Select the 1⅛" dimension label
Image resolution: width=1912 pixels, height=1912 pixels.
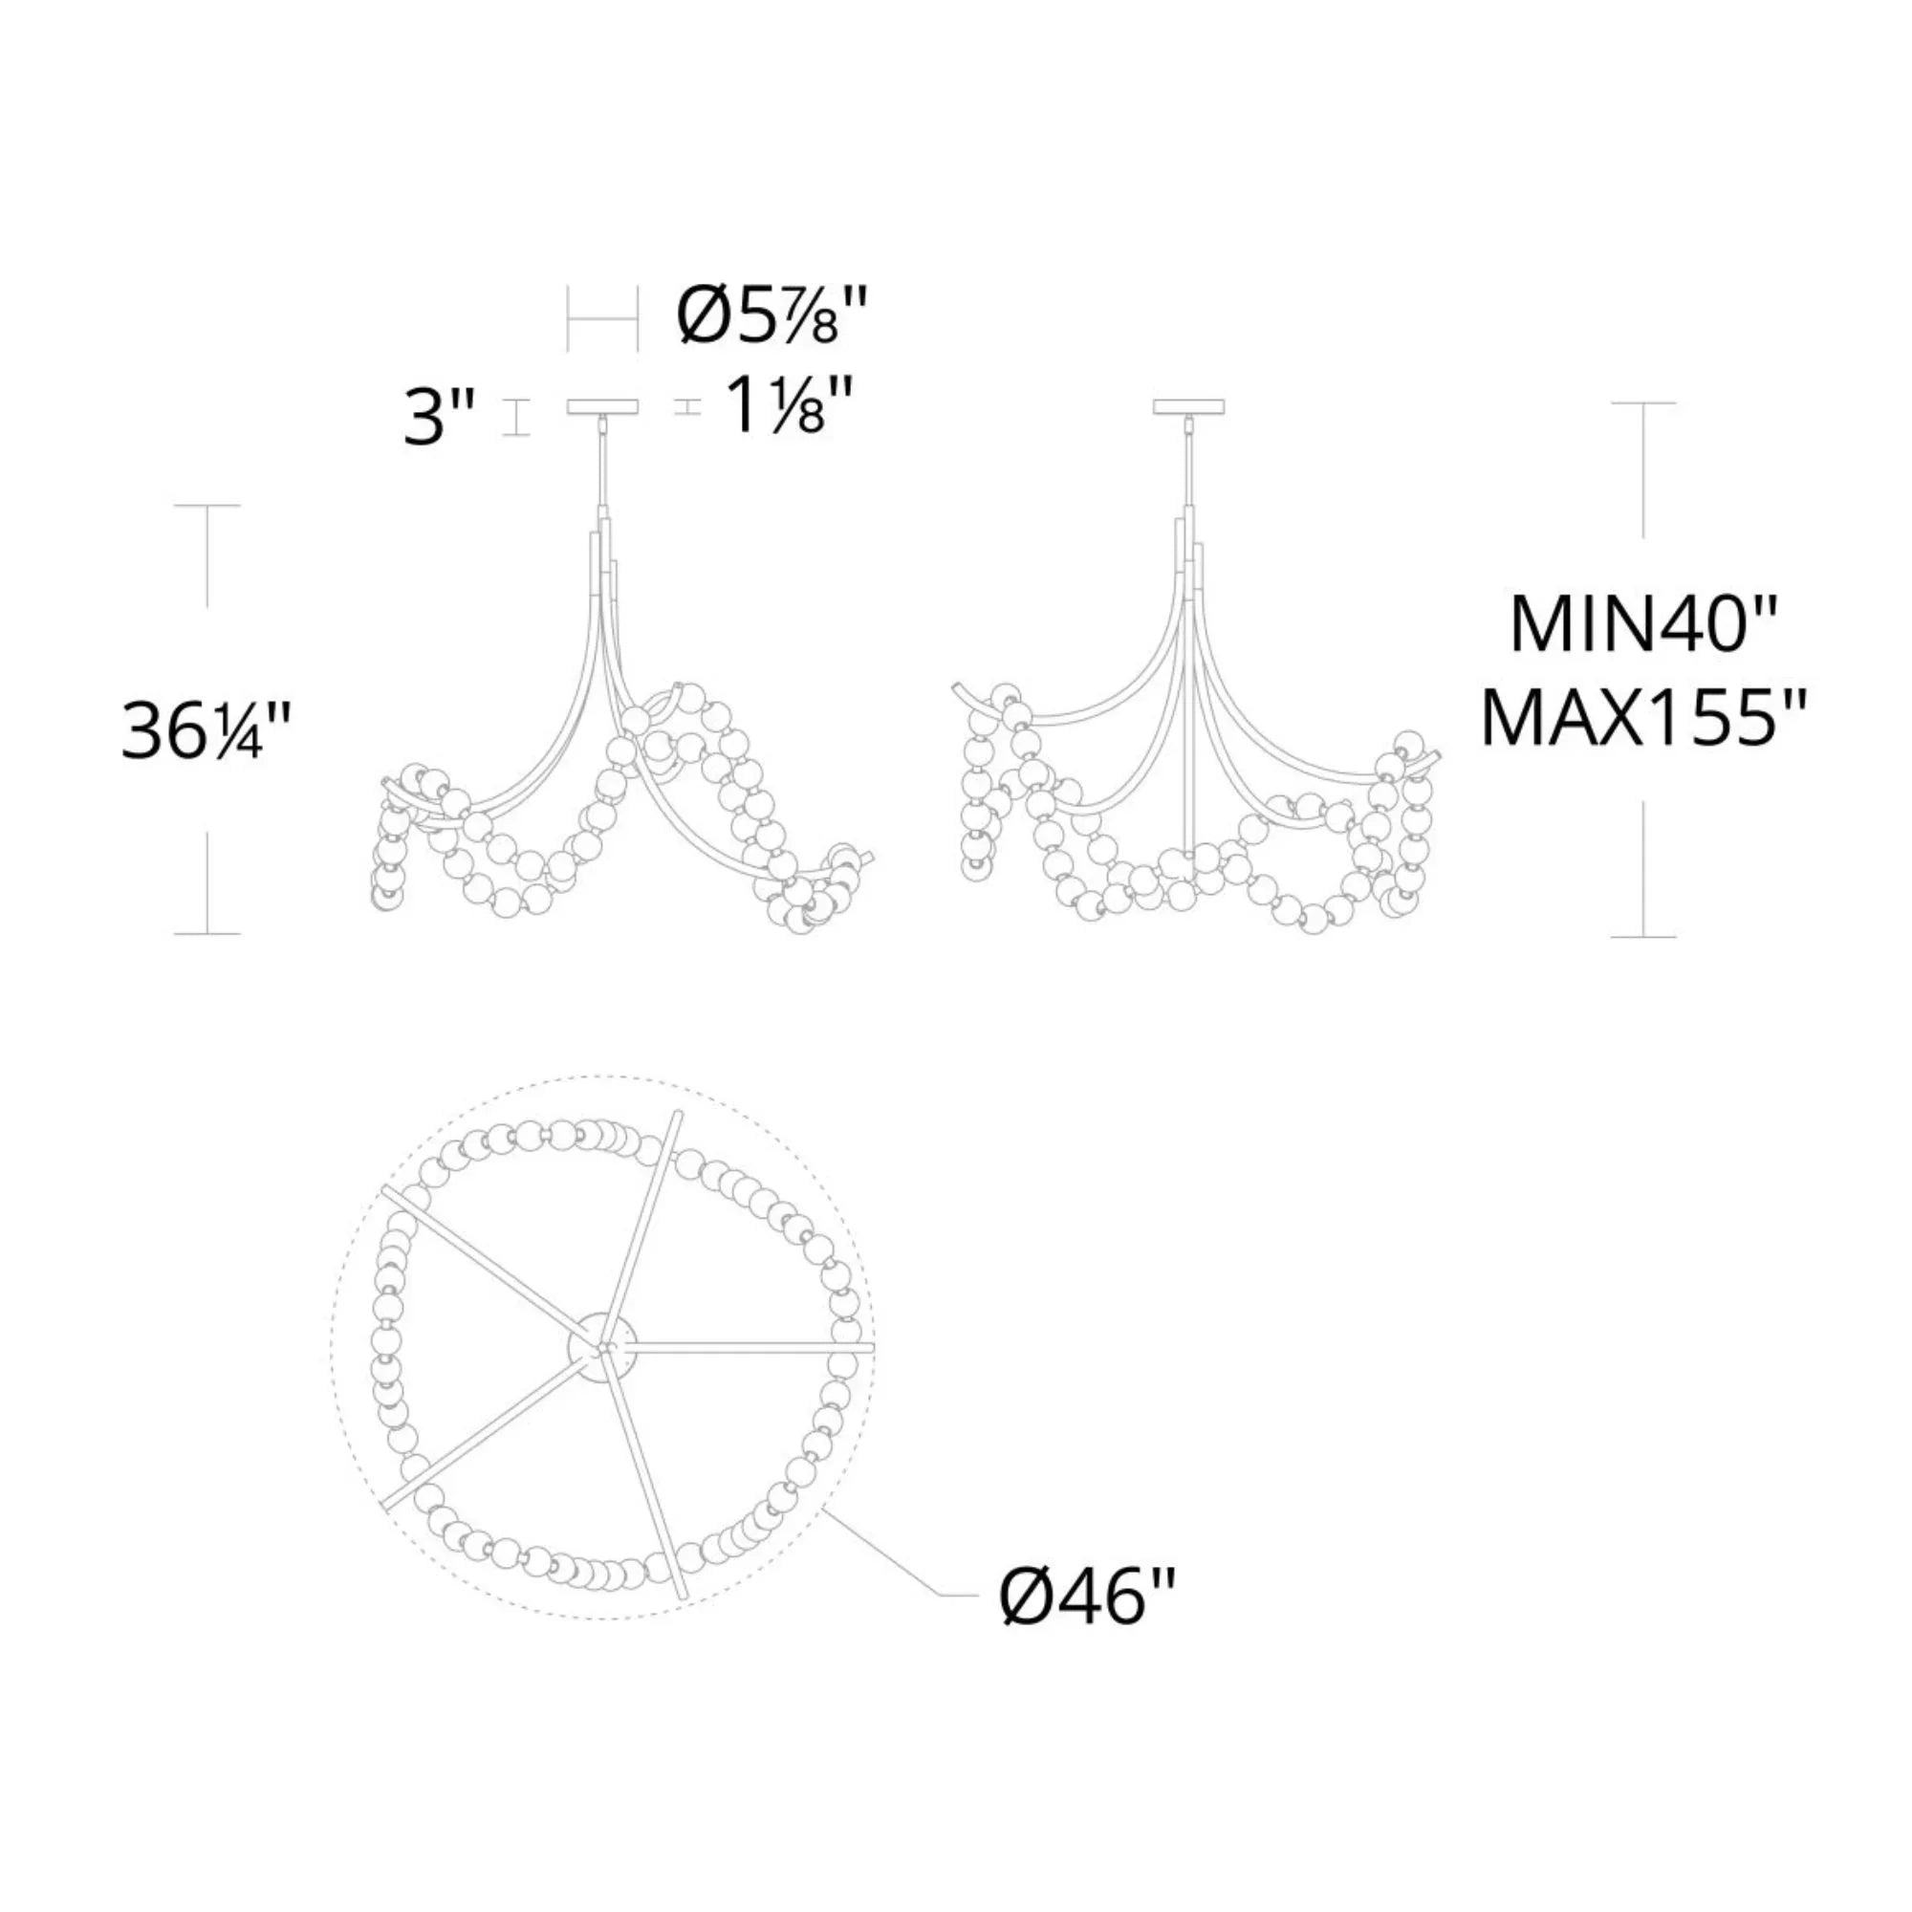tap(788, 406)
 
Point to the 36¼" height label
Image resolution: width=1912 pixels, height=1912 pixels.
tap(206, 733)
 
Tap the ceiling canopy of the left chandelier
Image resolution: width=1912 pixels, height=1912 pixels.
tap(602, 405)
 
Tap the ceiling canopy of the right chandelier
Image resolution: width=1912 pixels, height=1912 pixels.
tap(1190, 405)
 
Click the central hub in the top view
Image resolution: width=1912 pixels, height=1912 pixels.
tap(600, 1350)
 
